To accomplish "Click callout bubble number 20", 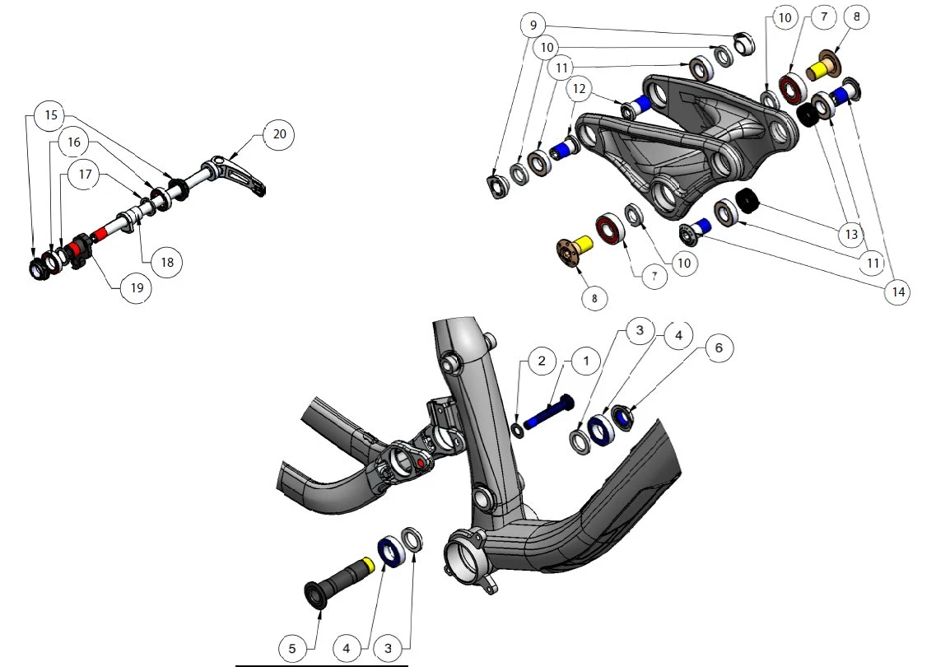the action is point(279,133).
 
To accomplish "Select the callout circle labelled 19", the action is point(137,288).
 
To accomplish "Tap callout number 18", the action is point(167,262).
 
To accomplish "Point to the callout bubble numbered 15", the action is point(51,114).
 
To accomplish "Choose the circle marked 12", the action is point(579,89).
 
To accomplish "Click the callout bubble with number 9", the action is point(533,25).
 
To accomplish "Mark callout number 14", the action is point(898,292).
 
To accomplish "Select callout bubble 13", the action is point(851,234).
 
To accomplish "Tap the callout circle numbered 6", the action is point(718,347).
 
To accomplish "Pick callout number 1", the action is point(585,361).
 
